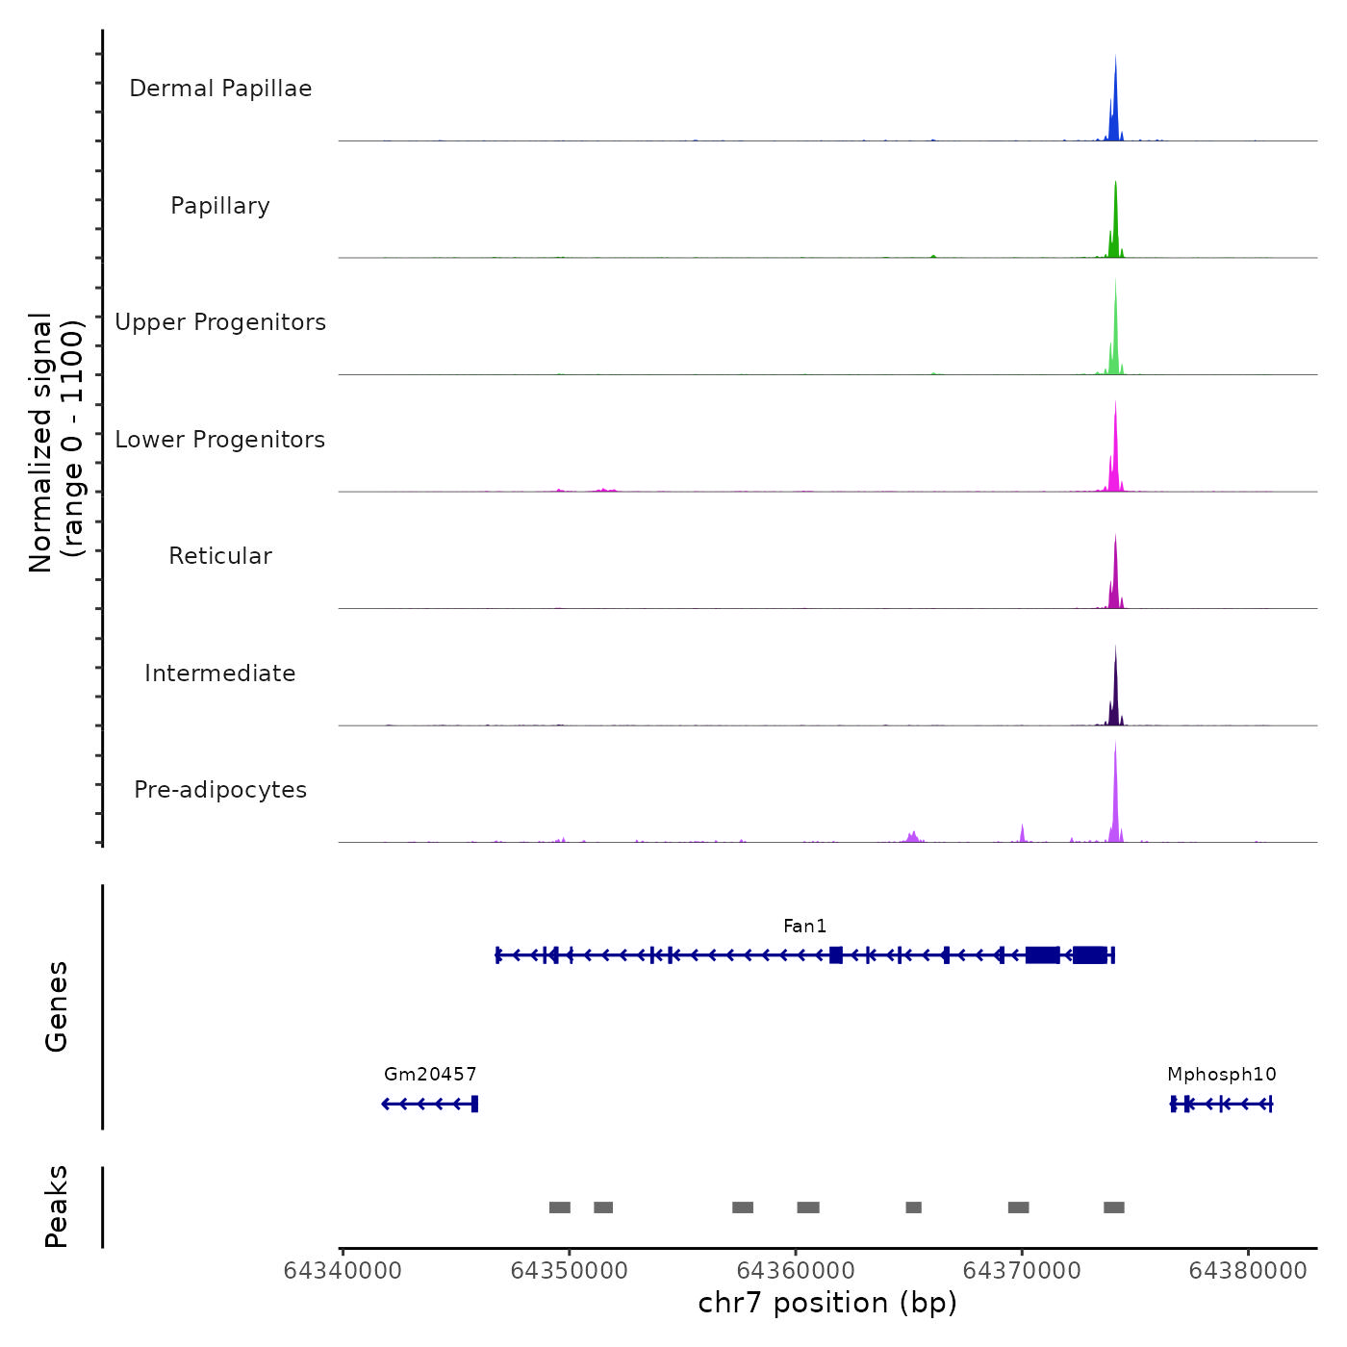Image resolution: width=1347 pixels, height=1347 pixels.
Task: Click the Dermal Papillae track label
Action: click(220, 89)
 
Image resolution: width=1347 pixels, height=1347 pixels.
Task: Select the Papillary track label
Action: click(220, 206)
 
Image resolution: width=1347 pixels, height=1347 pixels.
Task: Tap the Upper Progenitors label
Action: click(220, 322)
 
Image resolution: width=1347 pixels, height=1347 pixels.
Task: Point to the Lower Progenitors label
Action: click(220, 440)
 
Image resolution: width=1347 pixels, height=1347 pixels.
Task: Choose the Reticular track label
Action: click(220, 556)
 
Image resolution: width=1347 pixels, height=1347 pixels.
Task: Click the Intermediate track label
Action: click(220, 673)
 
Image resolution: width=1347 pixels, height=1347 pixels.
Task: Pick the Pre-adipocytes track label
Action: click(220, 790)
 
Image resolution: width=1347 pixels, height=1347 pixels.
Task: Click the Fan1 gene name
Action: click(805, 927)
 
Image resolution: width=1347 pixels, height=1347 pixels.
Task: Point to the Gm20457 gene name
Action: click(430, 1075)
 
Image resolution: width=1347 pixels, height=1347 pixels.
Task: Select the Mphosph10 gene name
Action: click(1222, 1075)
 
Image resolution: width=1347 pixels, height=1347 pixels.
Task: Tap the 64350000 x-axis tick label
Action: click(569, 1271)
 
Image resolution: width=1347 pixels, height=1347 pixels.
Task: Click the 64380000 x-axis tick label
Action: click(1248, 1271)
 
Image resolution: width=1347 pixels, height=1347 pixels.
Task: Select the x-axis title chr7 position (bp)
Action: click(827, 1303)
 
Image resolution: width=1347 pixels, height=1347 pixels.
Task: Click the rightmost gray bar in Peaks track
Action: click(1114, 1207)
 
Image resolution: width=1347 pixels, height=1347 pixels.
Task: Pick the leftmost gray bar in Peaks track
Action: click(560, 1207)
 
